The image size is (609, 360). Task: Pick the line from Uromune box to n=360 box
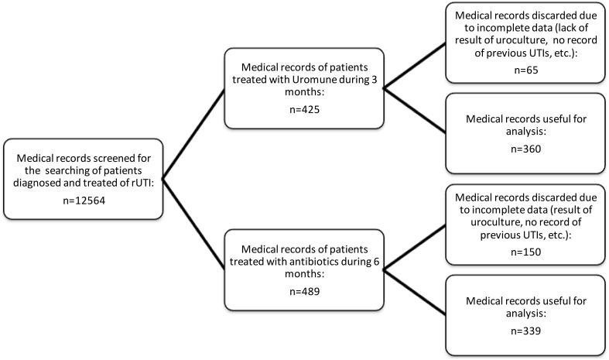415,107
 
